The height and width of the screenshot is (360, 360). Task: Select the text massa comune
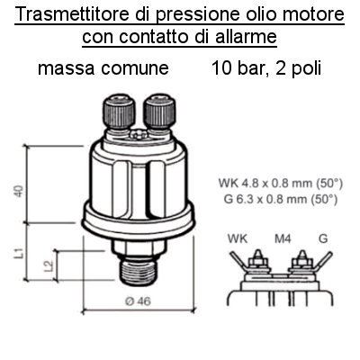pyautogui.click(x=103, y=68)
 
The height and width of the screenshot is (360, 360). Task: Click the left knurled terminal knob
pyautogui.click(x=119, y=112)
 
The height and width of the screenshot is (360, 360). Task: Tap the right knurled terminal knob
pyautogui.click(x=159, y=112)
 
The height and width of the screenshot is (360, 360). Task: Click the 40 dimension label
pyautogui.click(x=19, y=192)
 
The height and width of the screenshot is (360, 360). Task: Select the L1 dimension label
pyautogui.click(x=19, y=253)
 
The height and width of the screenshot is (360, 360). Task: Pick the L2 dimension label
pyautogui.click(x=49, y=265)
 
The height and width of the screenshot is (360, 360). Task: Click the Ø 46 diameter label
pyautogui.click(x=138, y=301)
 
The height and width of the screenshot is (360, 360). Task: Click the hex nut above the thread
pyautogui.click(x=139, y=247)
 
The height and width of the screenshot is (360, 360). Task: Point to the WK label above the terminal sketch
pyautogui.click(x=238, y=238)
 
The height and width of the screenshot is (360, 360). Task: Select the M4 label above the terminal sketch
pyautogui.click(x=283, y=238)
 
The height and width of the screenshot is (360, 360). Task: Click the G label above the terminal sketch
pyautogui.click(x=323, y=238)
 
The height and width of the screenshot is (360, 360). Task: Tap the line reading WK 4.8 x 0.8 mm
pyautogui.click(x=281, y=183)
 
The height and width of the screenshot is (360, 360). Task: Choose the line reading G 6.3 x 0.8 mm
pyautogui.click(x=281, y=199)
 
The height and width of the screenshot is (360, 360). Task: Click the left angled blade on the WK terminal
pyautogui.click(x=238, y=260)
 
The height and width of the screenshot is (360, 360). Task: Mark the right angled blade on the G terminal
pyautogui.click(x=323, y=259)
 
